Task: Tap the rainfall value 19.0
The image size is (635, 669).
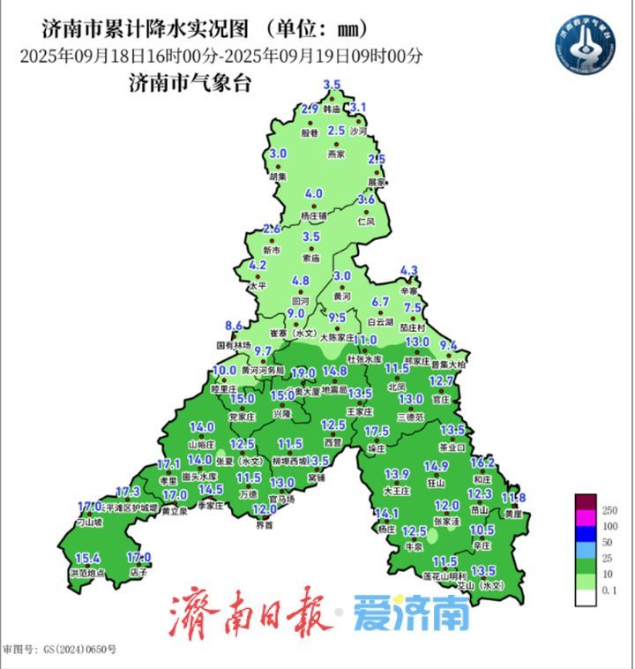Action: (303, 372)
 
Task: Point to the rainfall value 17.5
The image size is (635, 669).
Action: (377, 431)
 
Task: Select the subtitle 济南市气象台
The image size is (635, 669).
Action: (190, 85)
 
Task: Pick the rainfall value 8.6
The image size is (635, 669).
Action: (234, 325)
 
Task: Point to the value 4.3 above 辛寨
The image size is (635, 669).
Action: (409, 270)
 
